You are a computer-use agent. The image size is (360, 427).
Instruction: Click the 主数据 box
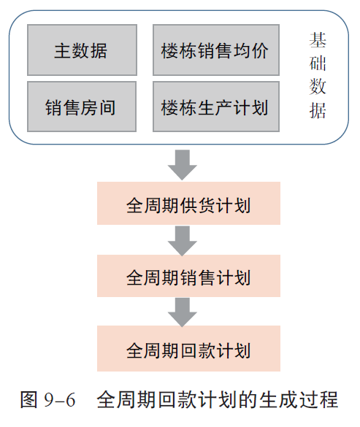[82, 50]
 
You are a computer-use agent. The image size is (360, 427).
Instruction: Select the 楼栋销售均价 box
[216, 50]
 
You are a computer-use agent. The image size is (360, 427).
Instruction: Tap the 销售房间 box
[82, 107]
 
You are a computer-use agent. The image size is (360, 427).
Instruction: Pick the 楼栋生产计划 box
[216, 107]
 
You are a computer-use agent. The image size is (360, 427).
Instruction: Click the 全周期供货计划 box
[188, 203]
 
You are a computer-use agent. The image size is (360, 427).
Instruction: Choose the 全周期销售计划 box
[188, 276]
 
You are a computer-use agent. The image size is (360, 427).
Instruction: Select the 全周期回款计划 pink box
[188, 349]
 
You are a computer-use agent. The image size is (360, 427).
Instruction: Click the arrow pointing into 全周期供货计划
[183, 165]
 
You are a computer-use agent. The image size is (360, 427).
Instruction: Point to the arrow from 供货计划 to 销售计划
[183, 241]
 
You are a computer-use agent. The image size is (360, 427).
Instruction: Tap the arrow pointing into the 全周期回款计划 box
[183, 312]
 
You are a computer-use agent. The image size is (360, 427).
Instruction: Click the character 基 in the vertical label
[318, 40]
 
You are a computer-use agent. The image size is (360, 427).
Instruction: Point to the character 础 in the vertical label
[318, 64]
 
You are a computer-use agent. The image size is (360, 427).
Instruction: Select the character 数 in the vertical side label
[318, 87]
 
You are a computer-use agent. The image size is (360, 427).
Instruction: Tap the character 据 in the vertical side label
[318, 110]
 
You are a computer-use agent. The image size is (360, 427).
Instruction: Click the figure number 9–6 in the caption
[59, 400]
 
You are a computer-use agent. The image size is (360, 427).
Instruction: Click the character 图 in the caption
[29, 399]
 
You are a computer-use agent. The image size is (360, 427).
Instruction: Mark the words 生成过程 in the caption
[299, 399]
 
